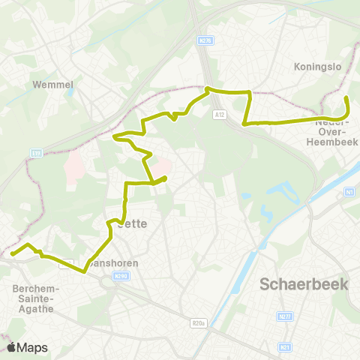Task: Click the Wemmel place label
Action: [x=52, y=85]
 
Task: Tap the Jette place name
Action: [x=133, y=223]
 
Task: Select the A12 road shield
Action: [x=218, y=115]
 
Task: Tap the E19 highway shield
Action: [x=37, y=153]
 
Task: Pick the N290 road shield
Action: [x=118, y=277]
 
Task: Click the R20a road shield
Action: [x=198, y=323]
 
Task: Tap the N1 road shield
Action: [x=349, y=193]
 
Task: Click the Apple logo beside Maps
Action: [x=12, y=347]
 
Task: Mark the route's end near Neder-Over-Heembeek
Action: [x=346, y=97]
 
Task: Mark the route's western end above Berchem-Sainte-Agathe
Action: [x=12, y=254]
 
